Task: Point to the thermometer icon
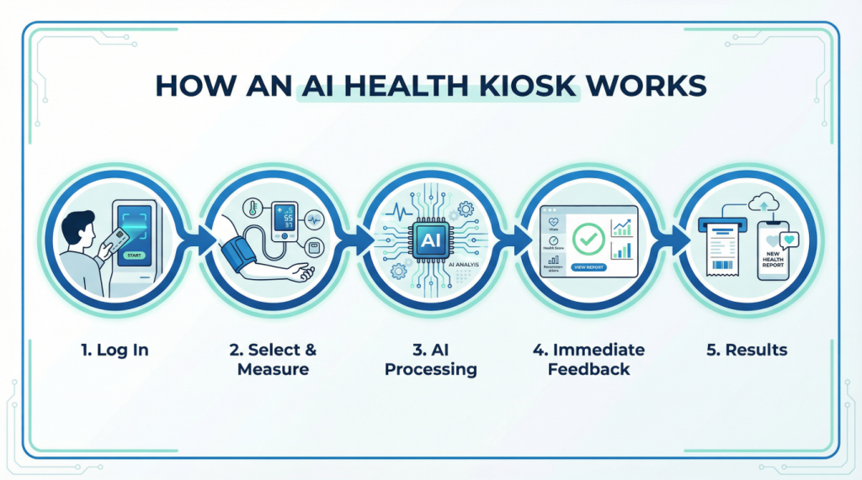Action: pos(251,208)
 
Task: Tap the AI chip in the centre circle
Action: pos(430,240)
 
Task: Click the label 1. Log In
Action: pos(116,350)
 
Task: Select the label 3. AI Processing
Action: pos(430,359)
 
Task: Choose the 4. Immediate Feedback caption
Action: pos(588,359)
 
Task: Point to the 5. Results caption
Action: pos(745,350)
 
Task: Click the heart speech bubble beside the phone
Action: pos(790,240)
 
